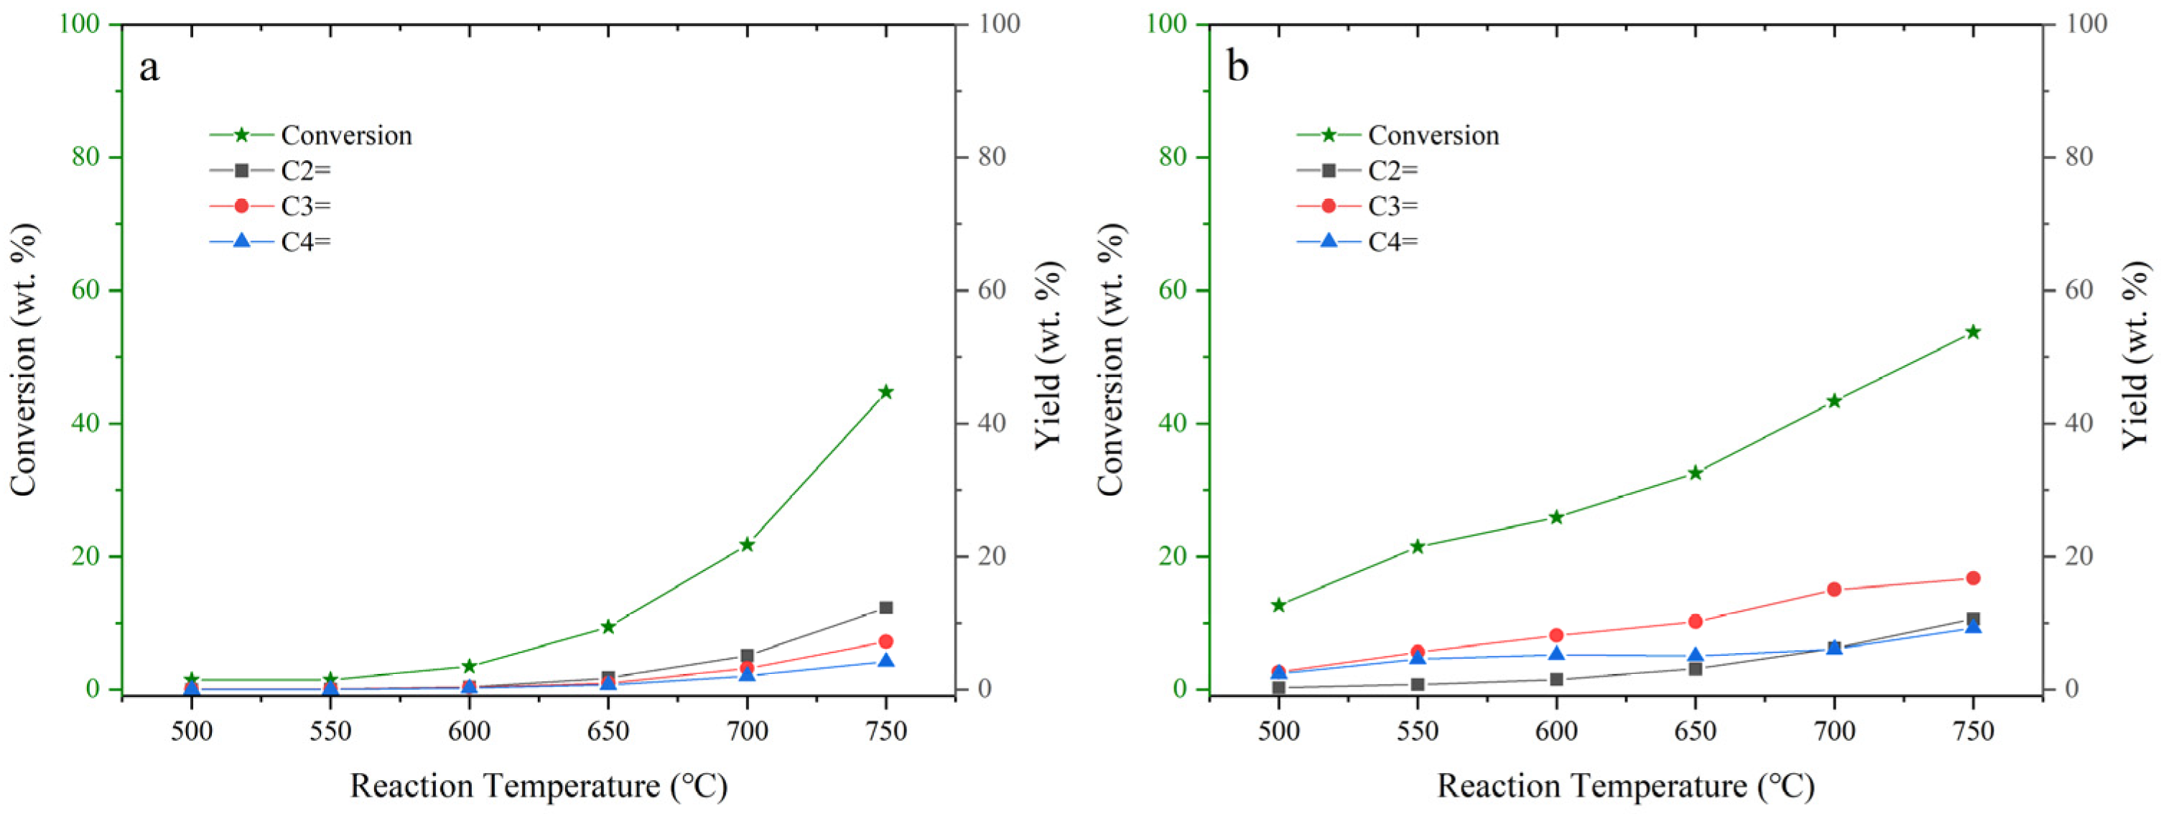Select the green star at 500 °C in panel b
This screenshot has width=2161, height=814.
[x=1278, y=605]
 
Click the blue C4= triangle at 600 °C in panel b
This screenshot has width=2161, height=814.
[x=1556, y=654]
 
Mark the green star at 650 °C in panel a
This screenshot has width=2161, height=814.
[x=608, y=627]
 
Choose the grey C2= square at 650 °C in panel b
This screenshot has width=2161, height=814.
[x=1695, y=669]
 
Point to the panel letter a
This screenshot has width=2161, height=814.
[x=149, y=67]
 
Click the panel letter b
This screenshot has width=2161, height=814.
[x=1237, y=67]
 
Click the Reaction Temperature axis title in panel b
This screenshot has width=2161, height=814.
[x=1626, y=786]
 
